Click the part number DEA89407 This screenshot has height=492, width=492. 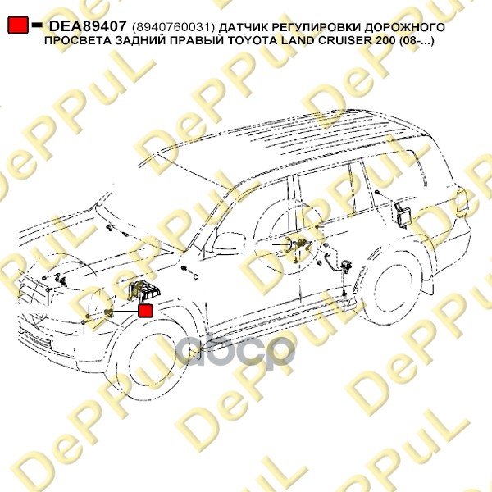click(x=86, y=26)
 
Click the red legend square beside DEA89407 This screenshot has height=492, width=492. click(x=17, y=25)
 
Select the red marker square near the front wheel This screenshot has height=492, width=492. click(x=146, y=311)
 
